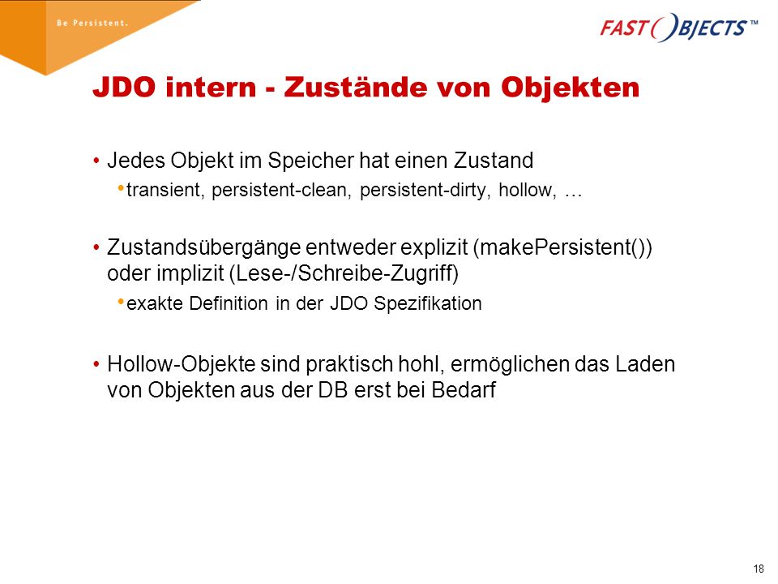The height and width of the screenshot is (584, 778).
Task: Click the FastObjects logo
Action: [678, 28]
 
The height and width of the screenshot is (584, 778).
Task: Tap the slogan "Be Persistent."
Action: [92, 23]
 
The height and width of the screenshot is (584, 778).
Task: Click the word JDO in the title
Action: [124, 88]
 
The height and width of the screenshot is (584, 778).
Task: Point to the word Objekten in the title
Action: [570, 88]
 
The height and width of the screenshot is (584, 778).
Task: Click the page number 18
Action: [759, 569]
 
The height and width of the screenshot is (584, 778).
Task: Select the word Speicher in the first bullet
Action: [310, 161]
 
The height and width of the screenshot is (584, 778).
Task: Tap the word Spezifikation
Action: [428, 303]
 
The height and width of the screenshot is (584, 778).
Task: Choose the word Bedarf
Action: [464, 390]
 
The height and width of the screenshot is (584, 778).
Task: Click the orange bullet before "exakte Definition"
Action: [121, 302]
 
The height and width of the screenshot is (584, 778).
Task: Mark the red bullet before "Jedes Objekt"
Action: [96, 161]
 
